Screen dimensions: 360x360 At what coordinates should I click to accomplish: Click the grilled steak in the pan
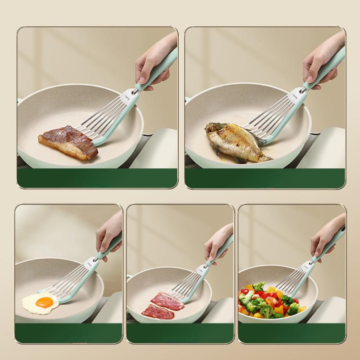click(67, 142)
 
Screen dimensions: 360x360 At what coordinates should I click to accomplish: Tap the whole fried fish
click(236, 142)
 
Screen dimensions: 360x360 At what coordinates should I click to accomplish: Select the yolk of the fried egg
click(45, 301)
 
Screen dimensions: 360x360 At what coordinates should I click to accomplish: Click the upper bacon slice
click(167, 301)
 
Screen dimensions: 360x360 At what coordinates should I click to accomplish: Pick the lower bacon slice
click(157, 312)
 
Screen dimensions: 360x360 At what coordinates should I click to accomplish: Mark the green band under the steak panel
click(97, 178)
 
